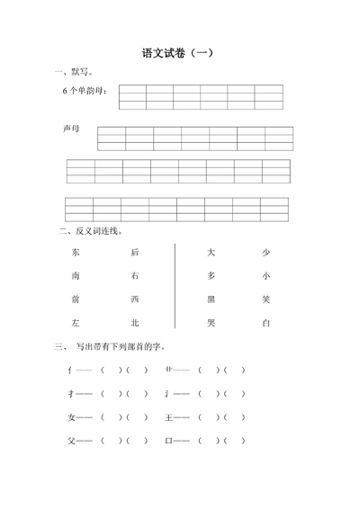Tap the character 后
coord(134,253)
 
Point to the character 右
coord(134,276)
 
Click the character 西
coord(134,299)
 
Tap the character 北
coord(134,322)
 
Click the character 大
coord(211,253)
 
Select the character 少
coord(265,253)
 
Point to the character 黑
coord(211,299)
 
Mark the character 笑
coord(265,299)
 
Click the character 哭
coord(211,322)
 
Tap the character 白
coord(265,322)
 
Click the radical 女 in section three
coord(72,417)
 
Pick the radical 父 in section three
coord(72,441)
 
